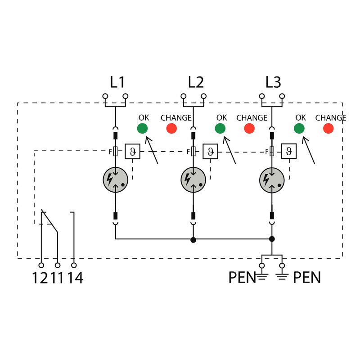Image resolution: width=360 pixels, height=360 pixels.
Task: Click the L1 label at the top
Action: pyautogui.click(x=117, y=82)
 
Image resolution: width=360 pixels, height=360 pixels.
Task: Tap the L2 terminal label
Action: pyautogui.click(x=196, y=82)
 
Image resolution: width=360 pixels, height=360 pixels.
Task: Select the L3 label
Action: pyautogui.click(x=273, y=82)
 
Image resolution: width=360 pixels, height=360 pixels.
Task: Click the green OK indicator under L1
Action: pyautogui.click(x=142, y=129)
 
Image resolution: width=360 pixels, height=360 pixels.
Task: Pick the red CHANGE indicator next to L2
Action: pyautogui.click(x=249, y=129)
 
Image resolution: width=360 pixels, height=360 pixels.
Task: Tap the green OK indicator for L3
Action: pyautogui.click(x=299, y=129)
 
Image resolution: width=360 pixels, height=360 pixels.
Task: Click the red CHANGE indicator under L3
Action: pyautogui.click(x=328, y=129)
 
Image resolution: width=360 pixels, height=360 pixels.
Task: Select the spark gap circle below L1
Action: pyautogui.click(x=116, y=180)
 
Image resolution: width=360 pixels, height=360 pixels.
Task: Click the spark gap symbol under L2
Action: pyautogui.click(x=193, y=180)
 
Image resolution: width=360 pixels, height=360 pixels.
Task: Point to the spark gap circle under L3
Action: pyautogui.click(x=272, y=180)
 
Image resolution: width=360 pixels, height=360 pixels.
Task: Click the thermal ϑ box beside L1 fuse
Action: pyautogui.click(x=132, y=151)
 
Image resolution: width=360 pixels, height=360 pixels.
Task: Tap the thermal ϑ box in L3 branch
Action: pyautogui.click(x=288, y=151)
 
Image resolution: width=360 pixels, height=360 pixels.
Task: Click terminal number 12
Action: pyautogui.click(x=39, y=278)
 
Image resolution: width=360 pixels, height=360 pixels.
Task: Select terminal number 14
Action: pyautogui.click(x=76, y=278)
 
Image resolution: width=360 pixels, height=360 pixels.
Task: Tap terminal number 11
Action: pyautogui.click(x=57, y=278)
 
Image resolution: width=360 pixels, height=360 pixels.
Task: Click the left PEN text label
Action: pyautogui.click(x=242, y=278)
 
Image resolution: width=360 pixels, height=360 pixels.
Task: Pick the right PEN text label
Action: pyautogui.click(x=307, y=278)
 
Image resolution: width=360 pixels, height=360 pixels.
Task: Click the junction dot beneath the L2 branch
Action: pyautogui.click(x=193, y=239)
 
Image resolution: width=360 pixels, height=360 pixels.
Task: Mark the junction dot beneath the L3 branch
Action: pyautogui.click(x=272, y=239)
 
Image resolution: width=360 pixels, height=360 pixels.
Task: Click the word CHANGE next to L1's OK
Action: pyautogui.click(x=176, y=118)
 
